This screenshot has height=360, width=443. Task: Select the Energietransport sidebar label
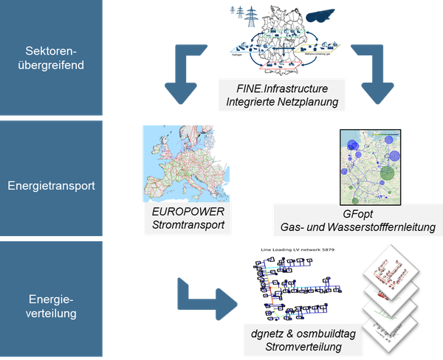tap(51, 186)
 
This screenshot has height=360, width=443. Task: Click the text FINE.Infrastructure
tap(282, 89)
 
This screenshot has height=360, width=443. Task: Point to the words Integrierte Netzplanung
tap(282, 103)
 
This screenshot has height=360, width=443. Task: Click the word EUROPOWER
tap(185, 210)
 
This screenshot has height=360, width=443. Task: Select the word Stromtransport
tap(185, 224)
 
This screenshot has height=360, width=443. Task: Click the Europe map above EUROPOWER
tap(185, 162)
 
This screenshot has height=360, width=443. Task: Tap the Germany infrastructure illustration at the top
tap(283, 40)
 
